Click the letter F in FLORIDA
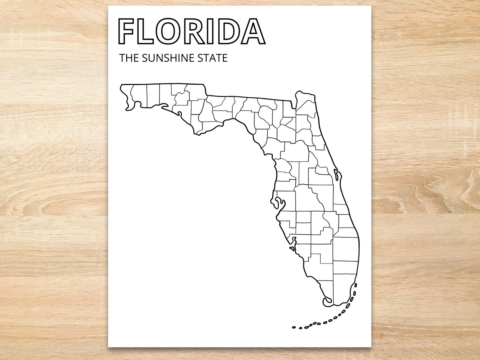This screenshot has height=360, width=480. click(x=127, y=32)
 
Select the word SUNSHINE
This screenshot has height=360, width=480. click(x=165, y=58)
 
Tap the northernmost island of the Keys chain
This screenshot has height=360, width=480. click(x=356, y=285)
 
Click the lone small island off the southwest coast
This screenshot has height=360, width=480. click(x=291, y=248)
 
